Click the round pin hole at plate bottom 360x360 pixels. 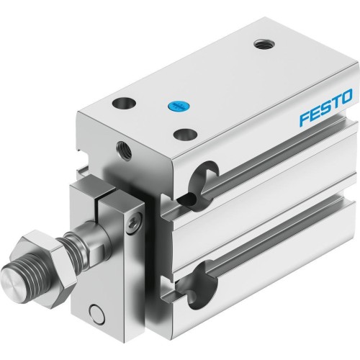(x=94, y=312)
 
